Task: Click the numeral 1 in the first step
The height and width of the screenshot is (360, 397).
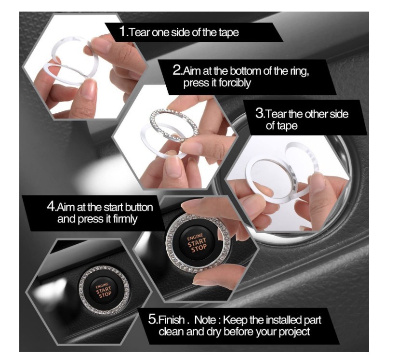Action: [x=123, y=31]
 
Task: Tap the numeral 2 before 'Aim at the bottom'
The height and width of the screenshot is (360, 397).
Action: [x=177, y=70]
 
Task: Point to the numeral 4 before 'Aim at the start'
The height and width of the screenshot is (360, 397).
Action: [x=51, y=206]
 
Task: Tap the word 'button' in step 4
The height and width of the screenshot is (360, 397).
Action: [x=139, y=207]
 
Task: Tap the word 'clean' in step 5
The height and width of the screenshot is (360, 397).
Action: [x=172, y=332]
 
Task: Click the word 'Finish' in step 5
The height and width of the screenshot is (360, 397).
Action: [x=171, y=320]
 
